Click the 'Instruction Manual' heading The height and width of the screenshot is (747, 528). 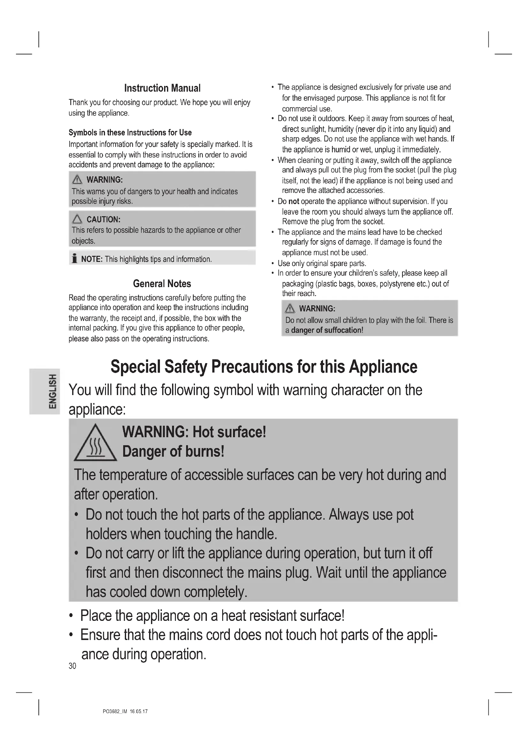pos(162,88)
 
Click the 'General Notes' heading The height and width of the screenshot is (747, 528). pos(162,284)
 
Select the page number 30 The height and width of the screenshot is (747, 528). pos(72,666)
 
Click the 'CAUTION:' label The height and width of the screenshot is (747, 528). pos(103,220)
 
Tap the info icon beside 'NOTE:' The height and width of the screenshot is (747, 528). pos(75,259)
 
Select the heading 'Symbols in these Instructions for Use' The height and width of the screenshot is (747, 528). pos(130,133)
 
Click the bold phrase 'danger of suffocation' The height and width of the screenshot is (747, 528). pos(326,331)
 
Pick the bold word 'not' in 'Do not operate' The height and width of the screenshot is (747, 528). pos(294,202)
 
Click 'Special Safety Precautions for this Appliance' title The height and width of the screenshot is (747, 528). pos(264,367)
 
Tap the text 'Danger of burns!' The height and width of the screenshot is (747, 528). pos(173,452)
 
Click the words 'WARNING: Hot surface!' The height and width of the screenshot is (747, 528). pos(194,432)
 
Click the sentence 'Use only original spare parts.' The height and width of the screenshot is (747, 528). pos(322,263)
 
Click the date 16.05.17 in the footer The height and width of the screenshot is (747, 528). pos(139,712)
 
